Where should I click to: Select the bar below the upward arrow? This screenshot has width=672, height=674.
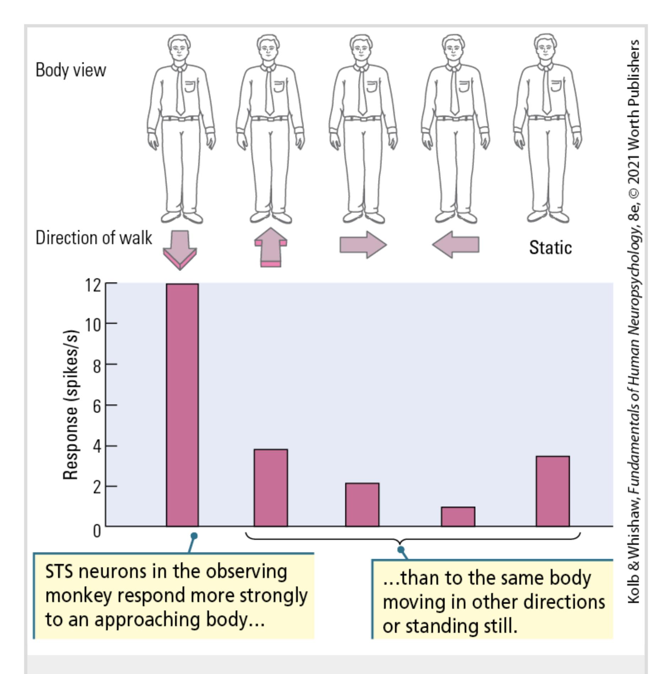271,487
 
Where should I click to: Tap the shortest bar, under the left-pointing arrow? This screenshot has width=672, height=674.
458,516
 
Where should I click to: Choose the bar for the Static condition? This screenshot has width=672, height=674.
553,491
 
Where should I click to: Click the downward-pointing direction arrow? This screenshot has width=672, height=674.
180,249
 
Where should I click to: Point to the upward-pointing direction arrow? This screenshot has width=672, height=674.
271,248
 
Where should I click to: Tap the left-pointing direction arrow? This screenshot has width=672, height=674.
456,245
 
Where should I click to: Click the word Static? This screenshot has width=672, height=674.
550,247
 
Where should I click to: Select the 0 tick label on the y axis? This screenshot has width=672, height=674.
97,531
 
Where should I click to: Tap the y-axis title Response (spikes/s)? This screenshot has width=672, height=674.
70,405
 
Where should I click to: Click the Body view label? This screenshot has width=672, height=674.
71,70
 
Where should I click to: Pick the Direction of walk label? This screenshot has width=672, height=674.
94,237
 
